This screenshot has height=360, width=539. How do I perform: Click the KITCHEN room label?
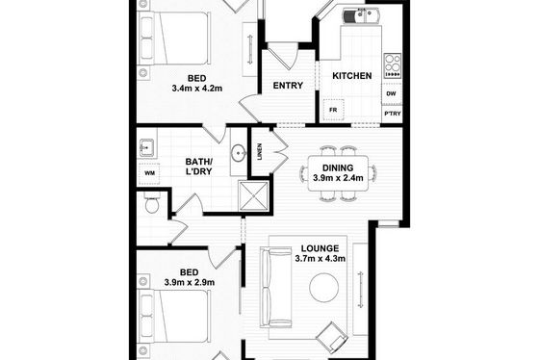(x=351, y=76)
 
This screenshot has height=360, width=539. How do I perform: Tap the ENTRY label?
(x=288, y=86)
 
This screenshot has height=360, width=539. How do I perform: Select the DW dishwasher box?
(x=391, y=93)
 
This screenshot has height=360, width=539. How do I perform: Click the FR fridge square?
(x=333, y=110)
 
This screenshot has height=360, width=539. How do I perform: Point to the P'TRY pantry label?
(x=393, y=114)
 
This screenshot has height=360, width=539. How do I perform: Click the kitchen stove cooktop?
(x=393, y=65)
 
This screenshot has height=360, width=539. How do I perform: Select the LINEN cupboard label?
(x=260, y=152)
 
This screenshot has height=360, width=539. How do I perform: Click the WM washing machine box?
(x=149, y=173)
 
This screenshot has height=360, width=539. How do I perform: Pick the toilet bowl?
(x=152, y=203)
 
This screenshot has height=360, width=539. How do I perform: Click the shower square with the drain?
(x=254, y=195)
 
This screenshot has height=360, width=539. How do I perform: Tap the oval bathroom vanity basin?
(x=239, y=152)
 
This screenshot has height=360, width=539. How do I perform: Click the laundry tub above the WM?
(x=147, y=148)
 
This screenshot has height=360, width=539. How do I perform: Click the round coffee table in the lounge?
(x=324, y=288)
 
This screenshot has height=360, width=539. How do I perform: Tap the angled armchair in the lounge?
(x=332, y=337)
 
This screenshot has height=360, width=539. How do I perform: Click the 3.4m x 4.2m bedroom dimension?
(x=197, y=89)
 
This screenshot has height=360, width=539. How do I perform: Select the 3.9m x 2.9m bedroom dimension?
(x=190, y=283)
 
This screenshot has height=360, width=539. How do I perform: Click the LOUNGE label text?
(x=320, y=248)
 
